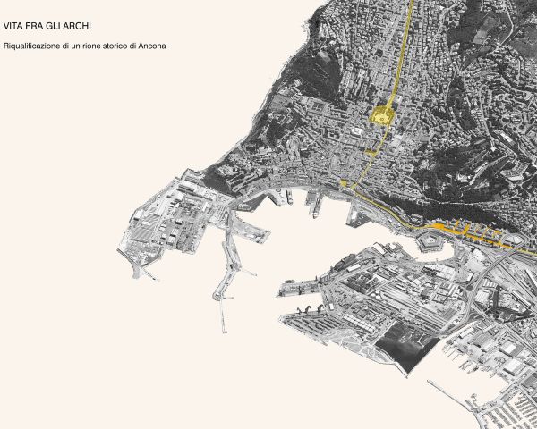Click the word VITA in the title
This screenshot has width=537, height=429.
pos(14,28)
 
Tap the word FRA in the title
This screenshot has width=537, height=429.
pos(36,28)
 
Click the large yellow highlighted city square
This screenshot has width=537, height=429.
pos(382,116)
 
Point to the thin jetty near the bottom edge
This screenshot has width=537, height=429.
pos(452,402)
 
